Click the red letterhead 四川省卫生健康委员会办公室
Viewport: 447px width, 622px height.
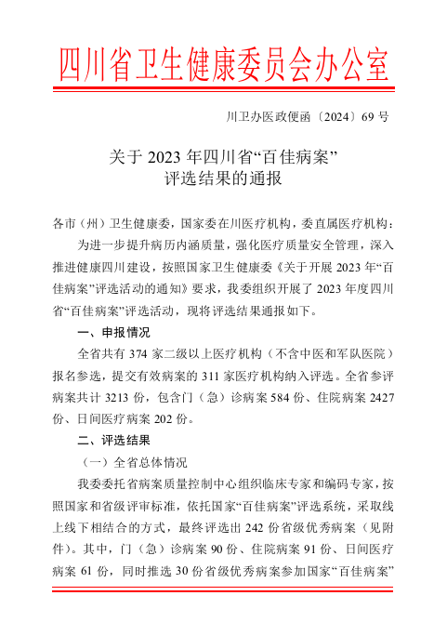(223, 64)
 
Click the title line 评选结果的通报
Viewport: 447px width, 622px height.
(223, 177)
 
